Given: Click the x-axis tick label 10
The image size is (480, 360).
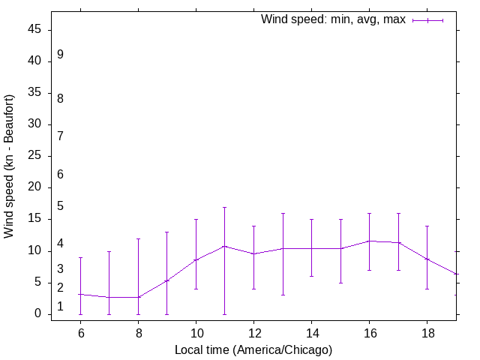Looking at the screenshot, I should (196, 332).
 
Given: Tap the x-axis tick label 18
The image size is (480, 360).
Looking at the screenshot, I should (427, 332).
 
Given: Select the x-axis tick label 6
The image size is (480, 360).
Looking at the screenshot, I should (80, 332).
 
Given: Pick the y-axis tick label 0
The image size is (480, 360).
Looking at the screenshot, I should (38, 314).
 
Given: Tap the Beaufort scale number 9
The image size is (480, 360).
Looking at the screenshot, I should (60, 55).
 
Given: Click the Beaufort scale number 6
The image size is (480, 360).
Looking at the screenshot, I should (60, 175).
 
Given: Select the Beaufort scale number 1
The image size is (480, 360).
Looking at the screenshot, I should (60, 307).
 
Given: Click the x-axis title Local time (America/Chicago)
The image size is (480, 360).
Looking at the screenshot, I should (253, 349).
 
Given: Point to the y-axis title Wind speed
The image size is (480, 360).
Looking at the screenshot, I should (10, 166).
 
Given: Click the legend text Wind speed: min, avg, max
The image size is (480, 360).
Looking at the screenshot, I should (333, 19).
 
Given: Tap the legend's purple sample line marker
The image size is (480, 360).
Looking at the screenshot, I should (427, 20).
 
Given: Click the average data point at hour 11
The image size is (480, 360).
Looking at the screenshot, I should (224, 246).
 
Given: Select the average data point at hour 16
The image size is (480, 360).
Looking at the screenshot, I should (369, 241).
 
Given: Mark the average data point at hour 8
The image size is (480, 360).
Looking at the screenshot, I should (138, 297).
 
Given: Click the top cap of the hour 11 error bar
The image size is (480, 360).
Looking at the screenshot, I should (224, 207).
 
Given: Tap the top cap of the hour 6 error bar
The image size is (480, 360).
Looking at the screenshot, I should (80, 257).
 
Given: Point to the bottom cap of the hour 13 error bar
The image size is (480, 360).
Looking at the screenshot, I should (283, 295).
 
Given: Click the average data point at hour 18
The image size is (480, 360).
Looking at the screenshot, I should (427, 259).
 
